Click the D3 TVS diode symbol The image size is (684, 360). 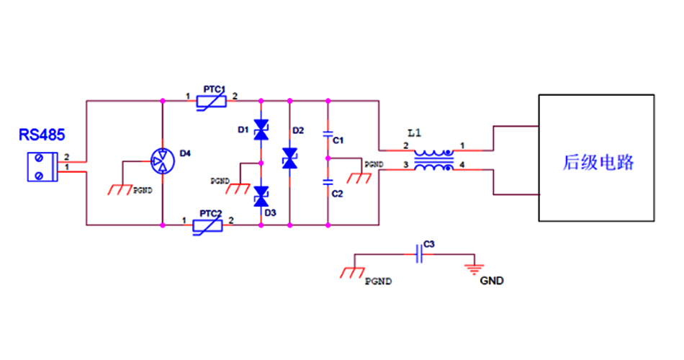[x=261, y=194]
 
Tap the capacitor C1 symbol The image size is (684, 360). [x=328, y=135]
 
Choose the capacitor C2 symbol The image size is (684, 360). [x=328, y=181]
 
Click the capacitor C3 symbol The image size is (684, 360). [x=419, y=253]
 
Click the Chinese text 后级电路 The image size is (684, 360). [x=598, y=162]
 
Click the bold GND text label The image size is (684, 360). [x=492, y=281]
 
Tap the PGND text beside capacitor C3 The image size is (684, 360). [x=379, y=282]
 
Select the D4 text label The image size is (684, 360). [x=185, y=153]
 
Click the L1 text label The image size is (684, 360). [x=413, y=133]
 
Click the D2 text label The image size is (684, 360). [x=298, y=130]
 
